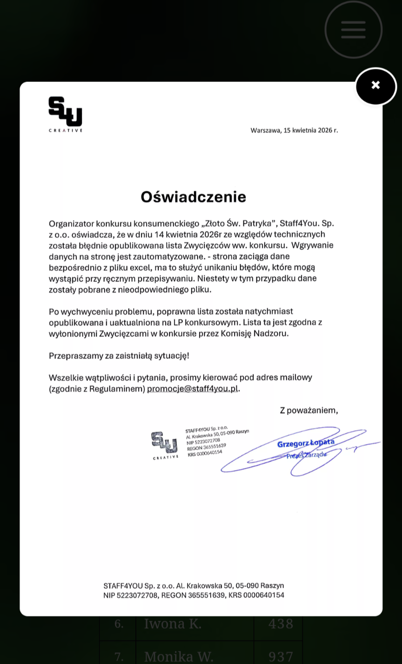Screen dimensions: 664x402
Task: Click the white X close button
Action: (x=375, y=86)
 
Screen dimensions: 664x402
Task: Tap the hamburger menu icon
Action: (x=353, y=30)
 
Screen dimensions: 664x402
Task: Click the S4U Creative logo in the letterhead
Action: (x=65, y=114)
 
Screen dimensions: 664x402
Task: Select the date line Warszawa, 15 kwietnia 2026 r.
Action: (x=294, y=130)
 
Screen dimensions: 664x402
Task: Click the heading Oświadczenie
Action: (x=193, y=197)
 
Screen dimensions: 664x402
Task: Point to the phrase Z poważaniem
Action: (x=308, y=410)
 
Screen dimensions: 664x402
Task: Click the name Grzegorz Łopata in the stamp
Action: (x=305, y=443)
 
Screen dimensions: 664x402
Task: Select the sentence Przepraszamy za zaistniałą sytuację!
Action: (x=119, y=355)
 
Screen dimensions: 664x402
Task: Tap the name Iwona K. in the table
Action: (x=173, y=624)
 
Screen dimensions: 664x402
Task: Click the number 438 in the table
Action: (x=281, y=624)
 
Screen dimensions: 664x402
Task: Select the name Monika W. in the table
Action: (x=179, y=656)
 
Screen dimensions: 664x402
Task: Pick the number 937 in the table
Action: (x=281, y=656)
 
